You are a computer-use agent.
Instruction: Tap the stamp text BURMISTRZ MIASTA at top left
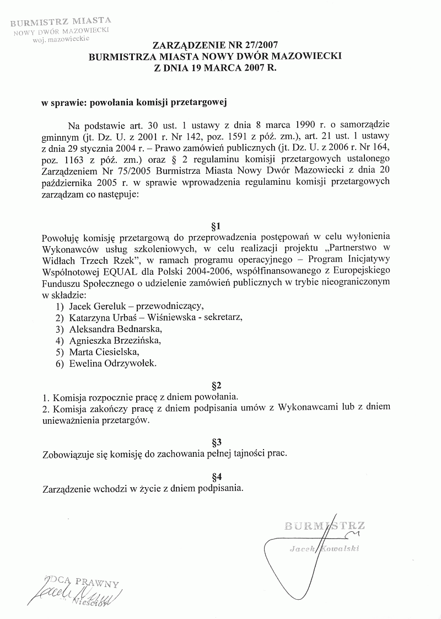[61, 23]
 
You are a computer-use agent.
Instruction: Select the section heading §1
[216, 226]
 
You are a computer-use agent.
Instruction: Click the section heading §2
[216, 384]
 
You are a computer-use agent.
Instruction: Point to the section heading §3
[216, 442]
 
